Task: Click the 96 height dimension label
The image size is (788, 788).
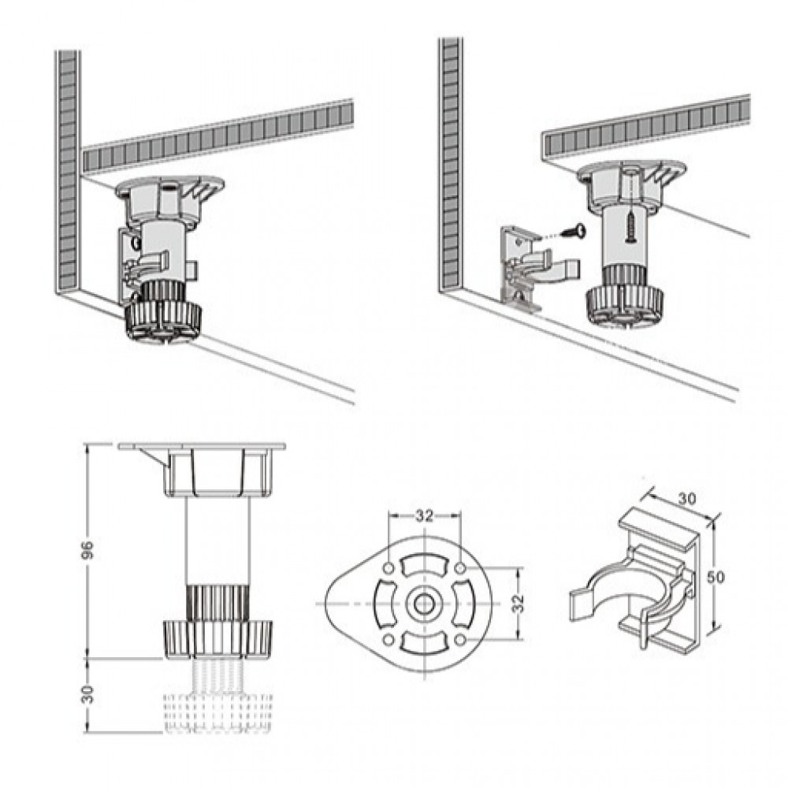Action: coord(89,550)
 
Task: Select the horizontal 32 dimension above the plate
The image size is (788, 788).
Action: coord(424,516)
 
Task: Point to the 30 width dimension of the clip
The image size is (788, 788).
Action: coord(687,498)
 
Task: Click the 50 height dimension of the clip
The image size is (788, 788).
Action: coord(716,577)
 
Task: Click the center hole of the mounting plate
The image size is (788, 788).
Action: coord(425,603)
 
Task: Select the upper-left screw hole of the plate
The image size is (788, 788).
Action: coord(388,568)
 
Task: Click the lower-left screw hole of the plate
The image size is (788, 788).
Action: coord(388,640)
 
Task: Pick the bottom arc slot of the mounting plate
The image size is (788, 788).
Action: coord(425,643)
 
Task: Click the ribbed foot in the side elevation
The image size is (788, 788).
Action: coord(218,638)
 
